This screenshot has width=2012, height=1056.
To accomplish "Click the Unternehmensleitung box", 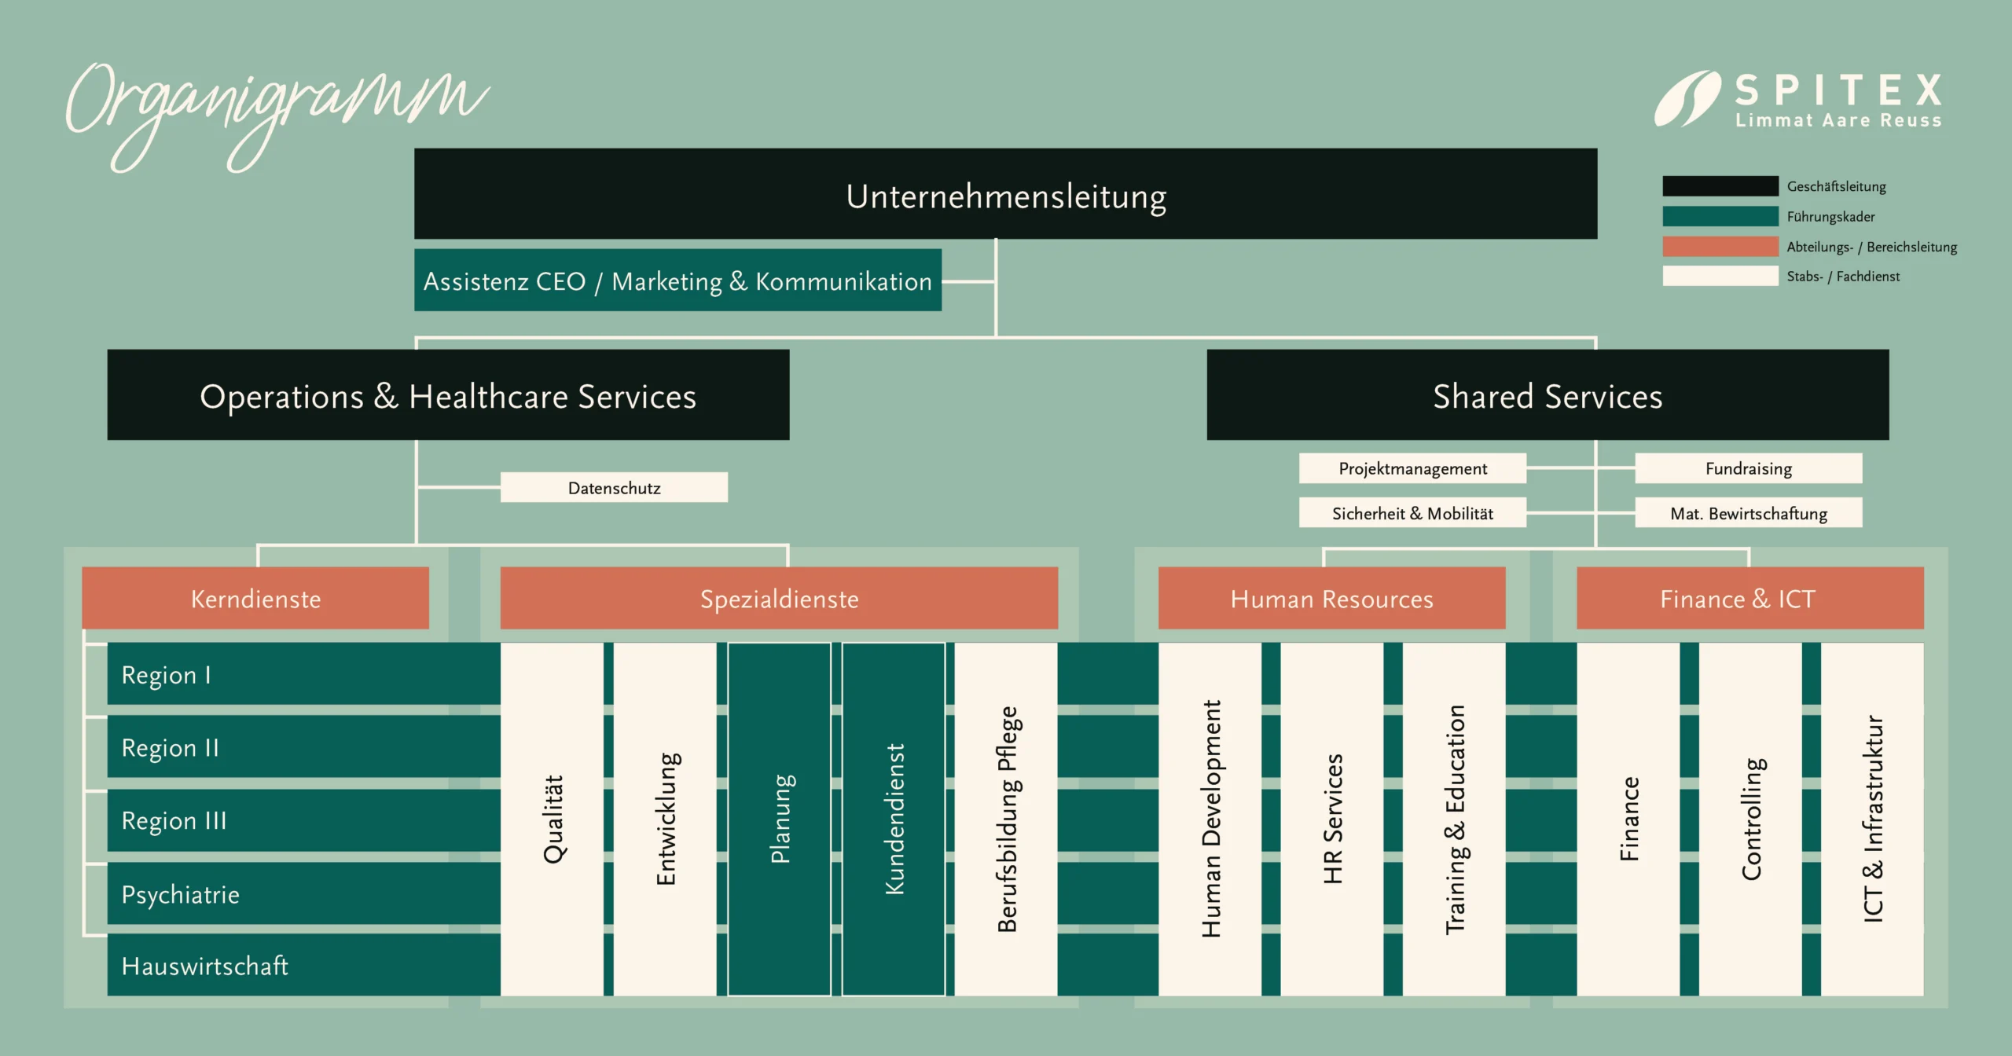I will coord(1005,194).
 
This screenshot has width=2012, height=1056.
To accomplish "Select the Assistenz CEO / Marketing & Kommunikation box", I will coord(677,280).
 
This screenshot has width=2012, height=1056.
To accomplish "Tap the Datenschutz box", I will coord(614,487).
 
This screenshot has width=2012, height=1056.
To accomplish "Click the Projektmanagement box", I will coord(1412,468).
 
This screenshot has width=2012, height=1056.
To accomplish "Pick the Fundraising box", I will coord(1748,468).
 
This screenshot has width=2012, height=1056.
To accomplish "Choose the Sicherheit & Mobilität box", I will coord(1412,513).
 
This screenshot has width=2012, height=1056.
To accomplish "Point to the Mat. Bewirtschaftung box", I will coord(1748,513).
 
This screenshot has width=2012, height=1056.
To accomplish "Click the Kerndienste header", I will coord(255,599).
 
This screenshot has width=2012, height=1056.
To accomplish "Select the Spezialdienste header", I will coord(779,599).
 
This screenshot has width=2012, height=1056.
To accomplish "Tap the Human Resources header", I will coord(1331,599).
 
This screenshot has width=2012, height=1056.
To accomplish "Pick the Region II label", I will coord(171,747).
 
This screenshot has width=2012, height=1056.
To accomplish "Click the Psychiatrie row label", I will coord(181,894).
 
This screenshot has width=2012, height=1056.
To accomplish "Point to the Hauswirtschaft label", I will coord(205,966).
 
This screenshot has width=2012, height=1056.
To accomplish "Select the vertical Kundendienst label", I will coord(894,819).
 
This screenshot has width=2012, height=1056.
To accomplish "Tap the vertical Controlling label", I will coord(1752,819).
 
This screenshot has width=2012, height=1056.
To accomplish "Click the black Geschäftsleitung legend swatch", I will coord(1720,186).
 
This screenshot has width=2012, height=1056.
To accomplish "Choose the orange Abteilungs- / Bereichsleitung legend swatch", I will coord(1720,246).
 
